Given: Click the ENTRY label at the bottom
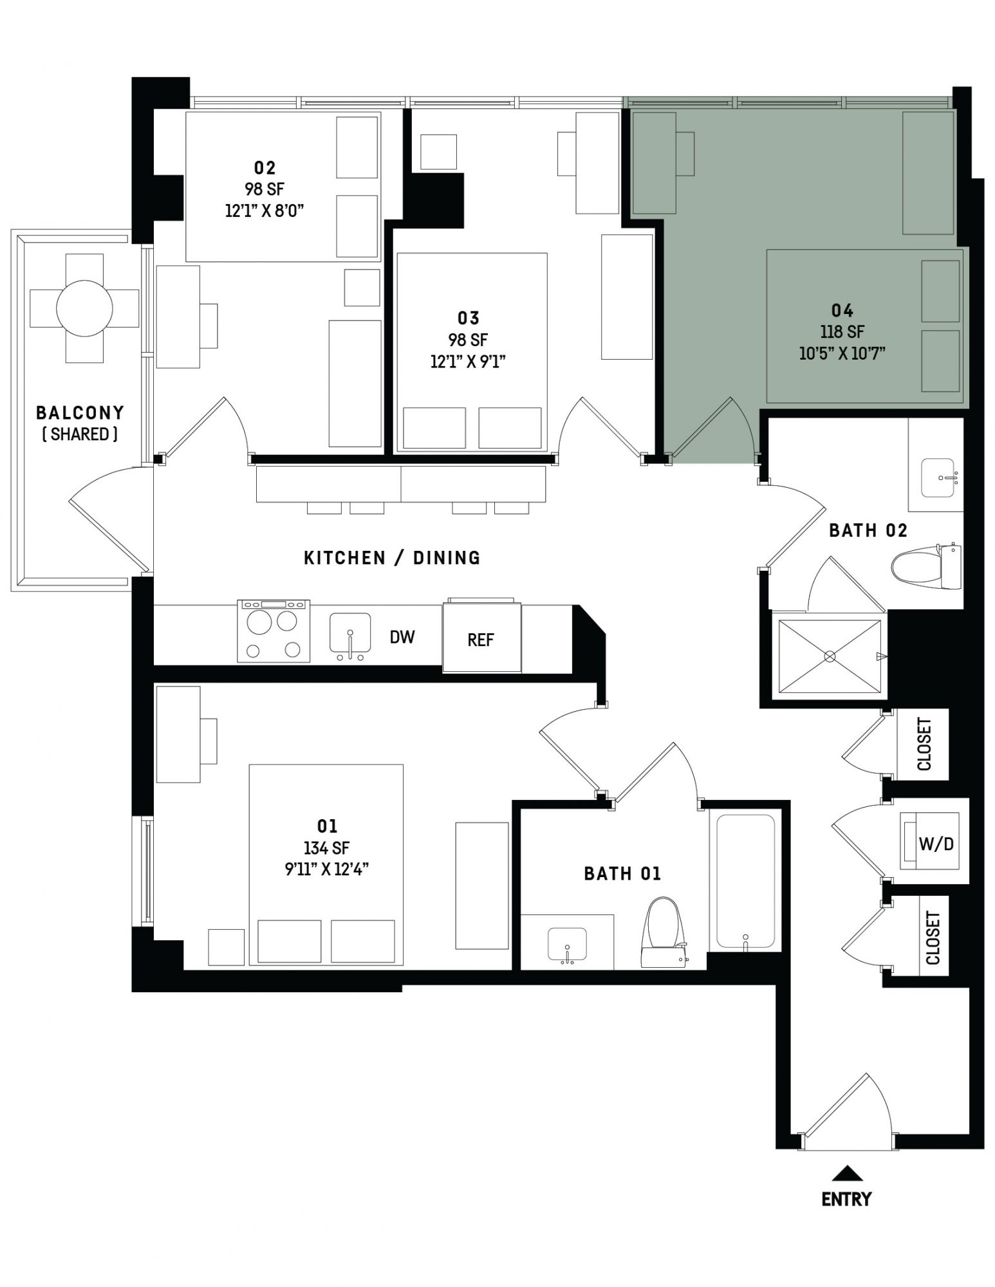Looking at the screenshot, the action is pyautogui.click(x=846, y=1199).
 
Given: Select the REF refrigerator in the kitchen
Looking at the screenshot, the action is pyautogui.click(x=481, y=636).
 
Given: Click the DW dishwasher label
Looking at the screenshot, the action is pyautogui.click(x=402, y=637).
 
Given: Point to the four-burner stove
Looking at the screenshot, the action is pyautogui.click(x=274, y=631).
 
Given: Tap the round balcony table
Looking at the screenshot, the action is pyautogui.click(x=85, y=308).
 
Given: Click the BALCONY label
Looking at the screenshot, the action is pyautogui.click(x=80, y=412).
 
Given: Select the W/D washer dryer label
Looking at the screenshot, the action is pyautogui.click(x=936, y=844).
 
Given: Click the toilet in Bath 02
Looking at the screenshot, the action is pyautogui.click(x=926, y=566).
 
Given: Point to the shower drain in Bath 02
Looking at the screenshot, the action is pyautogui.click(x=830, y=656).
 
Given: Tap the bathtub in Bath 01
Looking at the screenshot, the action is pyautogui.click(x=746, y=882).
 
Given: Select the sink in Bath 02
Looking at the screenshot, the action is pyautogui.click(x=938, y=477).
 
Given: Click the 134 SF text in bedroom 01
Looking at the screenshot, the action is pyautogui.click(x=327, y=848).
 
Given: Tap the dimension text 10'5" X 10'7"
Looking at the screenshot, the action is pyautogui.click(x=842, y=353).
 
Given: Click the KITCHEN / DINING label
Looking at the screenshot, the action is pyautogui.click(x=392, y=557).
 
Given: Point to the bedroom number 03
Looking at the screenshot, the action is pyautogui.click(x=469, y=318).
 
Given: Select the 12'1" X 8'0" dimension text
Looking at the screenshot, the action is pyautogui.click(x=265, y=210).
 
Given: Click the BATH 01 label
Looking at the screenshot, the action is pyautogui.click(x=622, y=873).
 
